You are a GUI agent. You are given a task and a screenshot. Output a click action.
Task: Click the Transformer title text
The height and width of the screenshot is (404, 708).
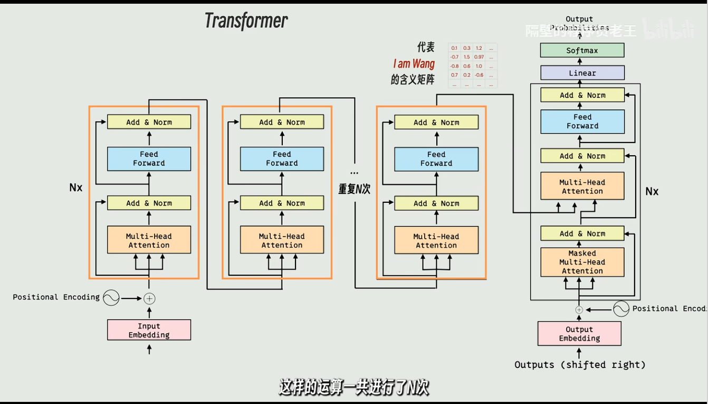pyautogui.click(x=246, y=21)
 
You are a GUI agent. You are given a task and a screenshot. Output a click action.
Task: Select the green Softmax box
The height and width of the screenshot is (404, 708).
pyautogui.click(x=582, y=51)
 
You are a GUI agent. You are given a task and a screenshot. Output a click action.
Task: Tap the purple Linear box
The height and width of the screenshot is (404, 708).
pyautogui.click(x=582, y=73)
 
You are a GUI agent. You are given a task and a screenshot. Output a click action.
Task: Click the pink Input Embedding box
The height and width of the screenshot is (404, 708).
pyautogui.click(x=149, y=330)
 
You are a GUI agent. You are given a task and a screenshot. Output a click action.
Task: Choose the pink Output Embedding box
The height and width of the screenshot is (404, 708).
pyautogui.click(x=579, y=334)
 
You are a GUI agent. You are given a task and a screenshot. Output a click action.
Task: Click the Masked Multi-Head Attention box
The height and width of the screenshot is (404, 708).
pyautogui.click(x=582, y=262)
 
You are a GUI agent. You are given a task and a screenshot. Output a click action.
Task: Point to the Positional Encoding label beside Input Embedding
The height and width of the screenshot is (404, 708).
pyautogui.click(x=56, y=297)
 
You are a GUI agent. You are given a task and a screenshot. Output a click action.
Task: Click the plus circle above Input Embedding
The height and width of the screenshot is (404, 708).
pyautogui.click(x=149, y=298)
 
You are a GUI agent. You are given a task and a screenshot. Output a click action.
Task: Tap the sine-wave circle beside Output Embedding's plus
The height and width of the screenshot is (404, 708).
pyautogui.click(x=621, y=309)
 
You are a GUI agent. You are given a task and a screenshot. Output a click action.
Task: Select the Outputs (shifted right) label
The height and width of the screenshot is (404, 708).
pyautogui.click(x=580, y=365)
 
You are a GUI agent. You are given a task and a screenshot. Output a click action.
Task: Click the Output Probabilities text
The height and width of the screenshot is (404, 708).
pyautogui.click(x=579, y=23)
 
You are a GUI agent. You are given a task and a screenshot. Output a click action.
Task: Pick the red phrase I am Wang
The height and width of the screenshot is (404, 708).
pyautogui.click(x=414, y=64)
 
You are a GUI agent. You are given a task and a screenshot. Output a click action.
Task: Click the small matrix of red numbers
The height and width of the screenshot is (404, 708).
pyautogui.click(x=472, y=65)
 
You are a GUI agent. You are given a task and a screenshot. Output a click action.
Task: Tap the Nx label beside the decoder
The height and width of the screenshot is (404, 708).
pyautogui.click(x=652, y=191)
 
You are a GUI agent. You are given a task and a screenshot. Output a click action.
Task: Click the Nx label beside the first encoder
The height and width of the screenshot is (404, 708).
pyautogui.click(x=76, y=187)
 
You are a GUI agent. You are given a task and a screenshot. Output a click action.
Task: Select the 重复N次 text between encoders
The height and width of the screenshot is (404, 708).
pyautogui.click(x=354, y=189)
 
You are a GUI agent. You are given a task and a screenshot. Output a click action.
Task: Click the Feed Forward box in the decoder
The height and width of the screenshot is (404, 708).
pyautogui.click(x=582, y=121)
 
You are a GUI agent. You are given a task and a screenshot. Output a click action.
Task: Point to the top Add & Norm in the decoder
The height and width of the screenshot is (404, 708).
pyautogui.click(x=582, y=95)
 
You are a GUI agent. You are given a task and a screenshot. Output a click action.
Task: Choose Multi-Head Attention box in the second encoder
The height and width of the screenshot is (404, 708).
pyautogui.click(x=282, y=240)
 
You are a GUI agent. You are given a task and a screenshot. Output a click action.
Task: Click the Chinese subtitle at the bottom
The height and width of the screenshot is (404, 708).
pyautogui.click(x=353, y=388)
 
